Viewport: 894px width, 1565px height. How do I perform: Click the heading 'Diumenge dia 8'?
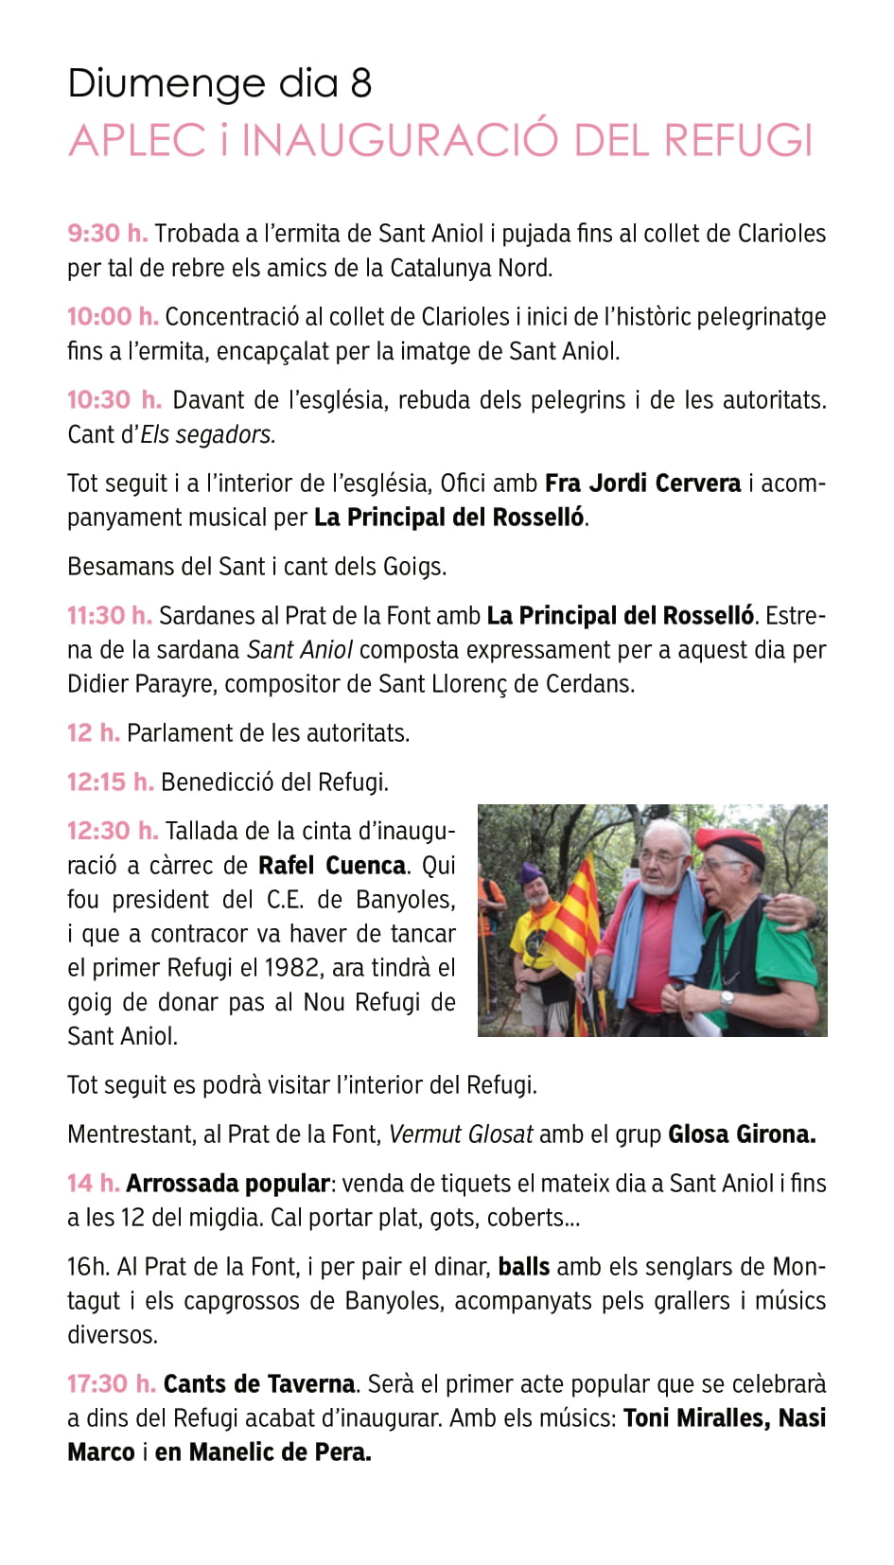click(x=219, y=84)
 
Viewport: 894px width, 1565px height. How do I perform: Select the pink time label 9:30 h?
click(x=107, y=234)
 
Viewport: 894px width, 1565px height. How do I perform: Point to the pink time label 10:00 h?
click(x=112, y=317)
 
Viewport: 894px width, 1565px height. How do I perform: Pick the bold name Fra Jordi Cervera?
click(x=642, y=484)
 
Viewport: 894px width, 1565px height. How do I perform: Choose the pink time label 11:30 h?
click(x=109, y=616)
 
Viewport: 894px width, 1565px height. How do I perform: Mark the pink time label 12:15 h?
click(x=110, y=782)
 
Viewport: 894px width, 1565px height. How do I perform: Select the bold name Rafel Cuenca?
click(x=332, y=866)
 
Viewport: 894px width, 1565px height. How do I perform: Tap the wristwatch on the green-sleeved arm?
click(x=727, y=999)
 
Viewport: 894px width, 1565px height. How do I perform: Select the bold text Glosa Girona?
click(x=742, y=1134)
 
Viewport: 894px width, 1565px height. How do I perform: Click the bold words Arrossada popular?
click(x=227, y=1184)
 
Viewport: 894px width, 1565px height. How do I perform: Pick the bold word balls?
click(x=524, y=1267)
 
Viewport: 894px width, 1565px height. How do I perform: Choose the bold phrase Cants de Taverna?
click(x=259, y=1384)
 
